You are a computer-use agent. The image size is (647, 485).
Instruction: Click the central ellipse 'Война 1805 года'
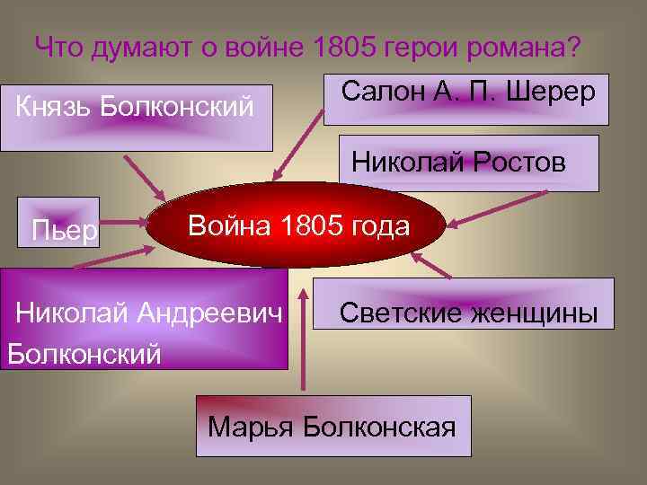(297, 225)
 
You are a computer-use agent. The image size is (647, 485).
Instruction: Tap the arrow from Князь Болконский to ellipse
(144, 175)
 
